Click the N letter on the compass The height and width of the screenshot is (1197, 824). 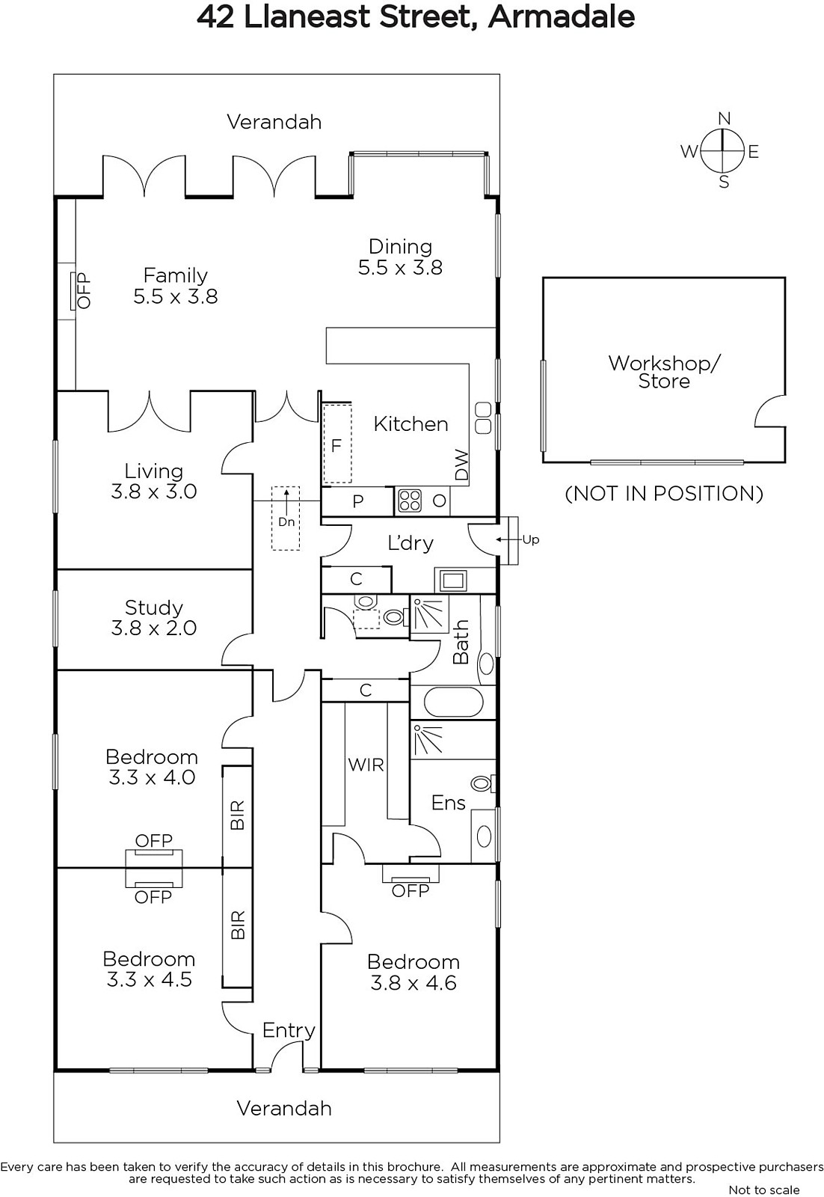tap(724, 118)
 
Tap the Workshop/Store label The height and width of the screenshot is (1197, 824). tap(664, 372)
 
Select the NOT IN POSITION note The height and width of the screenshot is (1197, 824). tap(664, 493)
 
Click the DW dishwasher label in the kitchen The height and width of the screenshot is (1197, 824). tap(461, 465)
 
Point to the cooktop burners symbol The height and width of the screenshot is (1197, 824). tap(410, 501)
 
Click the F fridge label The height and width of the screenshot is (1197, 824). tap(336, 445)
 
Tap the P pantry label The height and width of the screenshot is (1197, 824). tap(358, 501)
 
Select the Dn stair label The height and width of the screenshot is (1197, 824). tap(286, 522)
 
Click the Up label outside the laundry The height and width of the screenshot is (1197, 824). tap(530, 539)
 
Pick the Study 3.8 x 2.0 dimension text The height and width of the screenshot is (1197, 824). tap(154, 628)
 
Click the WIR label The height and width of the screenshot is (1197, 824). tap(366, 765)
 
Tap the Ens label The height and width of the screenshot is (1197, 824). tap(448, 803)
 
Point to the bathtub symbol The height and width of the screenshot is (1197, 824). tap(453, 702)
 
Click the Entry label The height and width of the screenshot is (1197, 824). tap(289, 1030)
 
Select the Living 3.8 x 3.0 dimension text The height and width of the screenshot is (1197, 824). tap(154, 491)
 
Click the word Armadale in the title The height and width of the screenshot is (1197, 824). tap(562, 17)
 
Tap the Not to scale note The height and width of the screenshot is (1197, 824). tap(764, 1190)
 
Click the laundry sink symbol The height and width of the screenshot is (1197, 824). tap(452, 581)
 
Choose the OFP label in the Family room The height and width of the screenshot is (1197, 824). tap(84, 291)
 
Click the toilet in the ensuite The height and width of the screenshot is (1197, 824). tap(483, 784)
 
